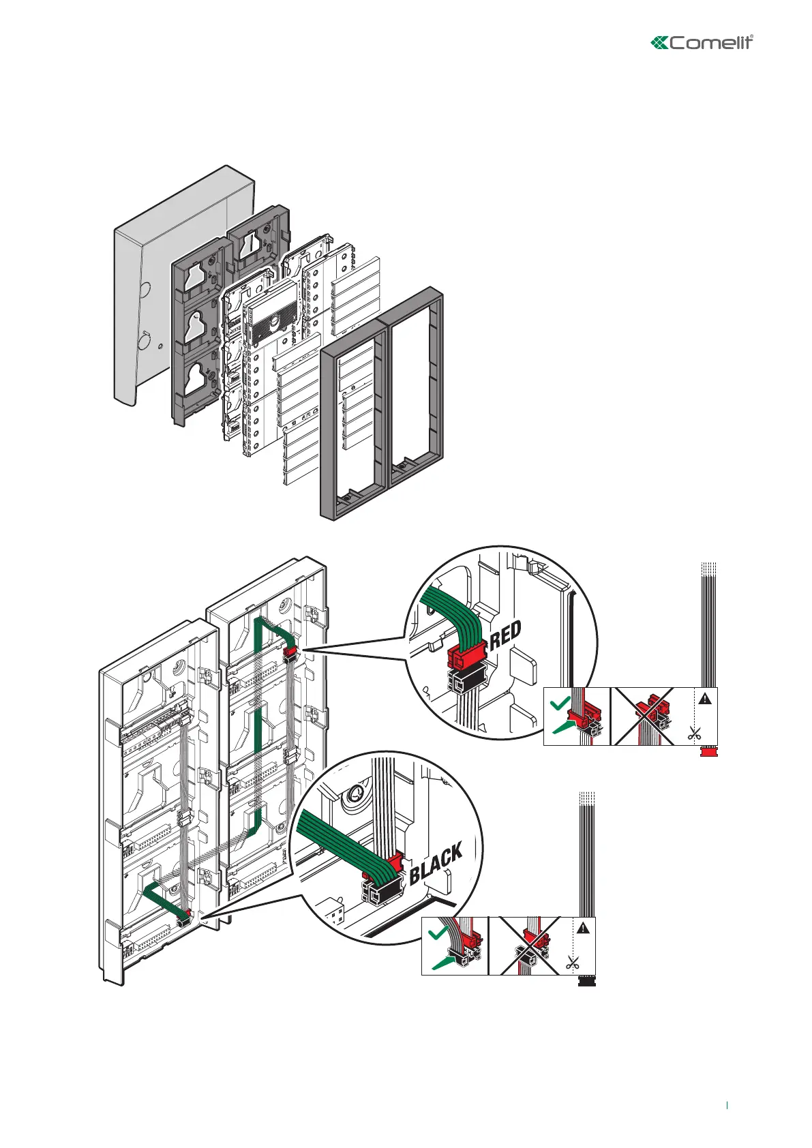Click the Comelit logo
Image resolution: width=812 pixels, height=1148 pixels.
(x=702, y=43)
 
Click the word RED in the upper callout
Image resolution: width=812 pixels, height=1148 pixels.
(x=506, y=635)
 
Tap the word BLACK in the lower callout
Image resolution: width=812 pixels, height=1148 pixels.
(x=436, y=863)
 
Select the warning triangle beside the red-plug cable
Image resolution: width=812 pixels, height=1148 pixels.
(x=704, y=698)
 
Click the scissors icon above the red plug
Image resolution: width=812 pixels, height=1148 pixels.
(x=694, y=734)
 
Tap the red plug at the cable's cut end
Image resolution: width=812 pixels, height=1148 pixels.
(x=710, y=751)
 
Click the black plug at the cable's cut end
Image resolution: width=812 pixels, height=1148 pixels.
(x=587, y=981)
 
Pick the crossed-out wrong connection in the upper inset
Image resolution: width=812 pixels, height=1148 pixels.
(x=644, y=716)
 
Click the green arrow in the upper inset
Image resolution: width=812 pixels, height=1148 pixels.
(x=563, y=727)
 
